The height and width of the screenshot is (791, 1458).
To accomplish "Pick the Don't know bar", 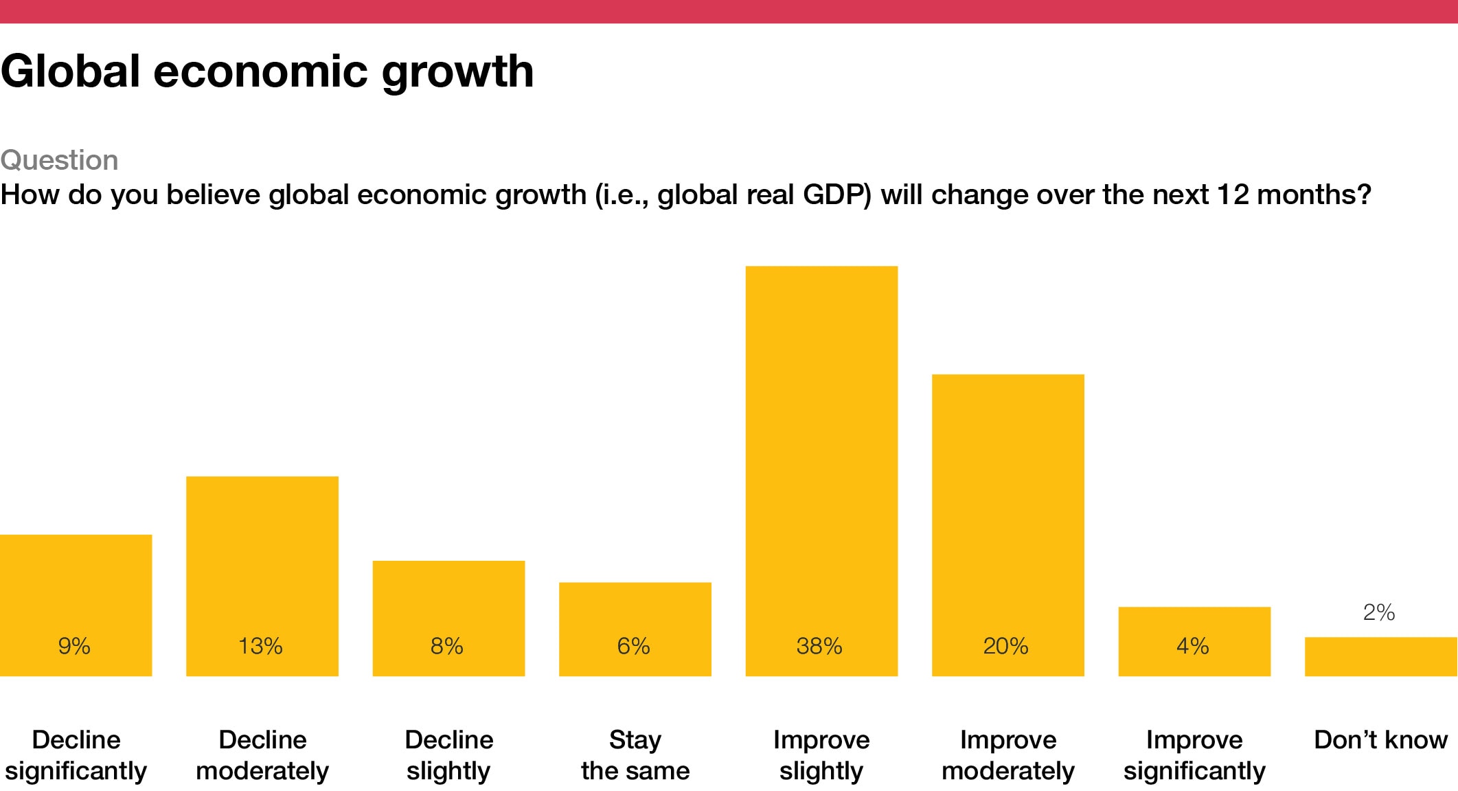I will click(1380, 657).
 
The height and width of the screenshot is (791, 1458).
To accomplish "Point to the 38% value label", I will click(819, 646).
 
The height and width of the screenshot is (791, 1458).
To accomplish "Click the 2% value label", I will click(1379, 612).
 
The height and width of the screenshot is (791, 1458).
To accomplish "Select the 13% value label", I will click(260, 646).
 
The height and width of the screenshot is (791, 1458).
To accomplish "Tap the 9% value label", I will click(74, 646).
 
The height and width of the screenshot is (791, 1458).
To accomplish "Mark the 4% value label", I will click(1193, 646).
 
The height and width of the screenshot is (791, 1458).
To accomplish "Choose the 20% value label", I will click(1006, 646).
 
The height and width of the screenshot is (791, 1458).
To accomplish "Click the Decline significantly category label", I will click(76, 755).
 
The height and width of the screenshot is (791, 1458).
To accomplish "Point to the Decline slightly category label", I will click(448, 755).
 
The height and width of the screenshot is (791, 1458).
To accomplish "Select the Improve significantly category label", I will click(1194, 755).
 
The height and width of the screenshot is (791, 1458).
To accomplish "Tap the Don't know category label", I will click(1380, 740).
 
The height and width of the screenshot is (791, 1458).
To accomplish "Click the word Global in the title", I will click(70, 71).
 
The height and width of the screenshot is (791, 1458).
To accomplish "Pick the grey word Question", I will click(60, 160).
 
